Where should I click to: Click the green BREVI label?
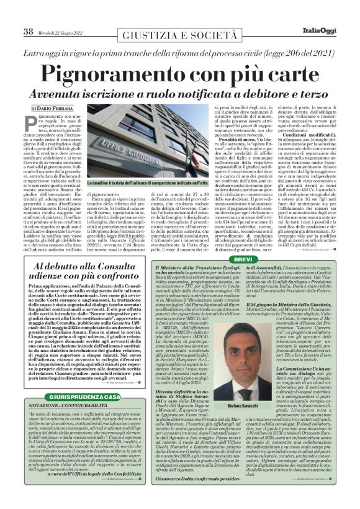(243, 258)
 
